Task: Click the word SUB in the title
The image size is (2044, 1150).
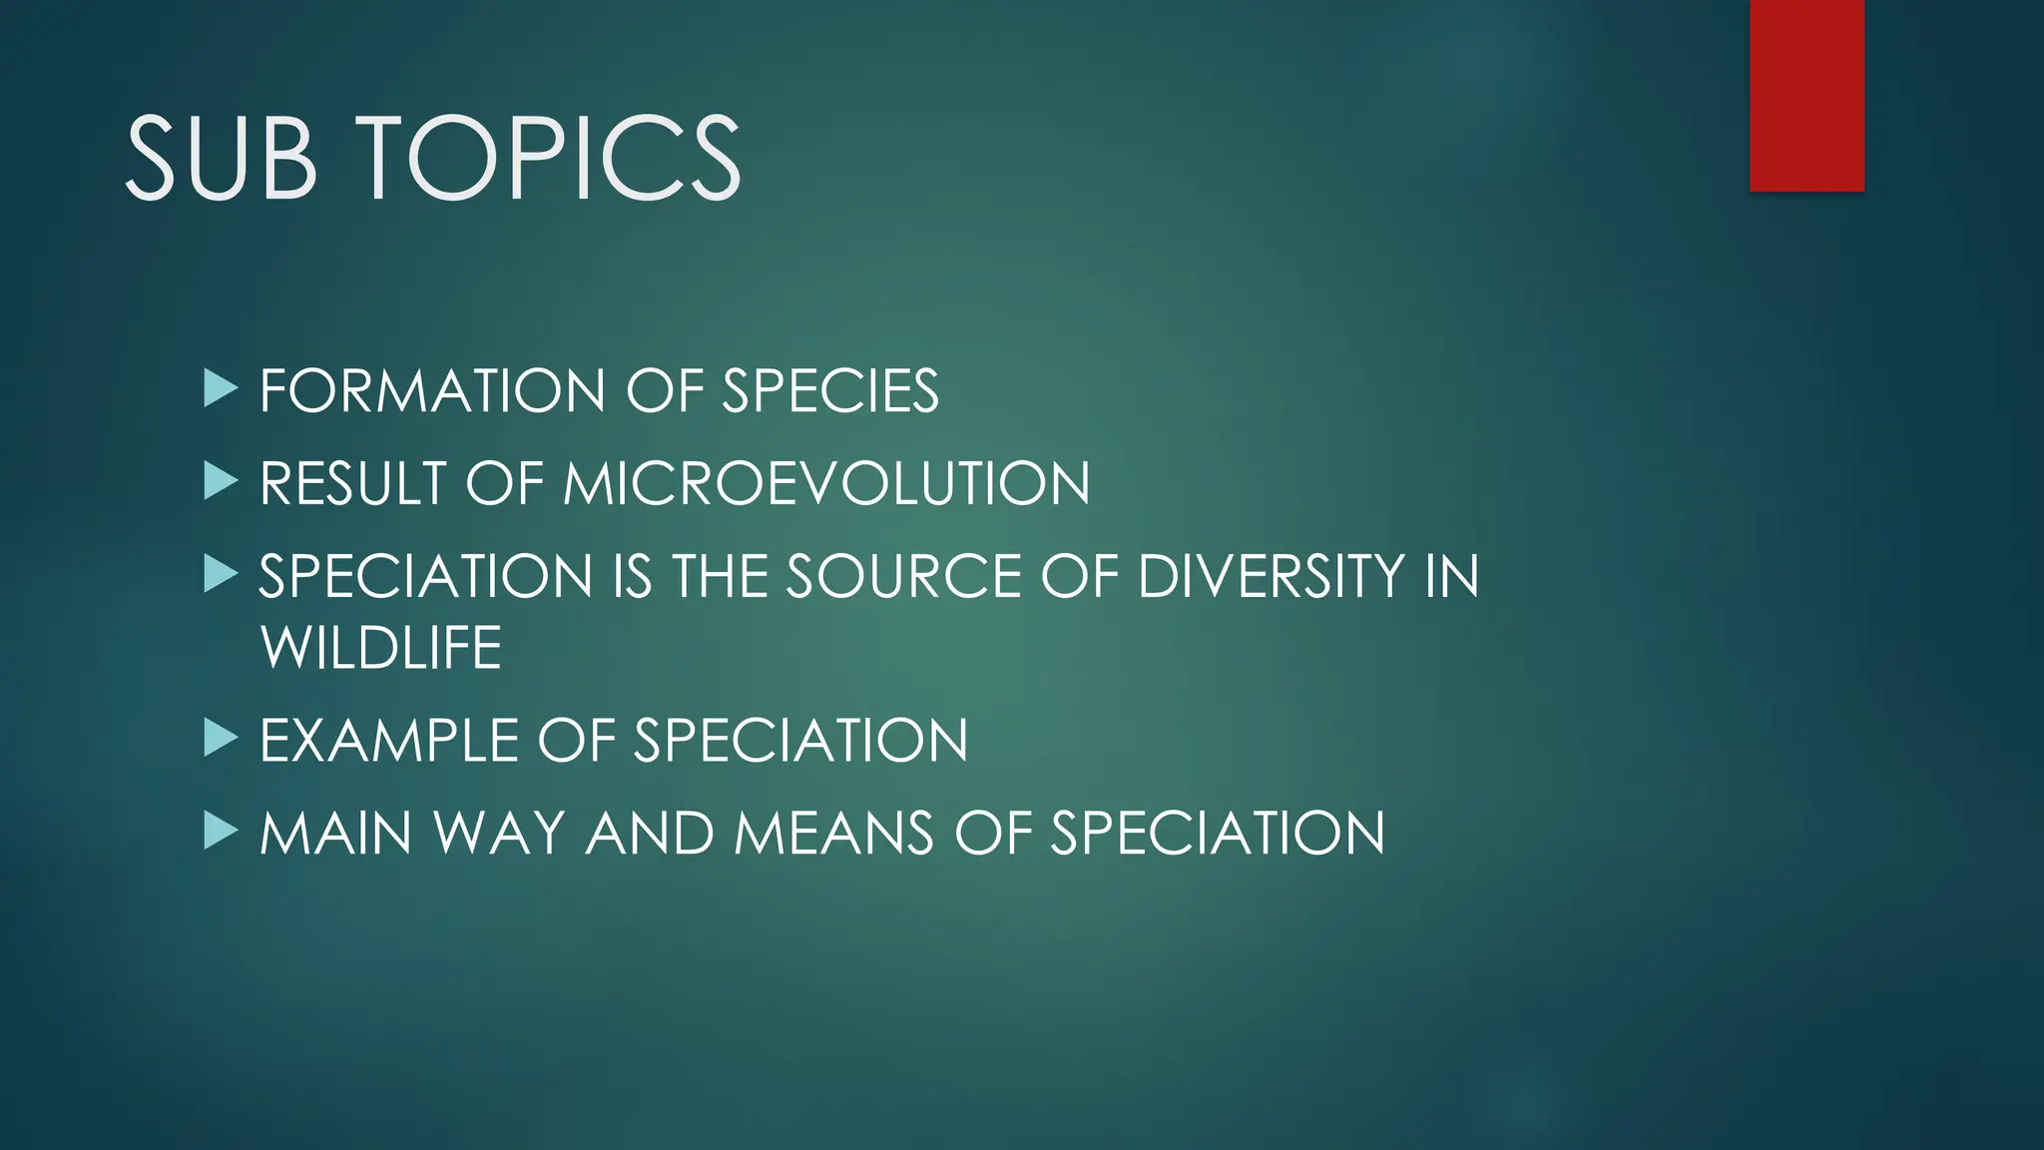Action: pyautogui.click(x=221, y=158)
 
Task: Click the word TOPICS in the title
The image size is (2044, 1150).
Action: pyautogui.click(x=549, y=158)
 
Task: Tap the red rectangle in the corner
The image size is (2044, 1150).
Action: pyautogui.click(x=1806, y=95)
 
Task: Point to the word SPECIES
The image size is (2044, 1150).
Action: pyautogui.click(x=829, y=390)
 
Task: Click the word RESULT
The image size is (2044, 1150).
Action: pyautogui.click(x=352, y=484)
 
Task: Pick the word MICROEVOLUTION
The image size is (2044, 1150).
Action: pyautogui.click(x=826, y=484)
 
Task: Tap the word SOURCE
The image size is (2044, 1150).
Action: pyautogui.click(x=904, y=577)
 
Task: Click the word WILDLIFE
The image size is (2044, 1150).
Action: pyautogui.click(x=380, y=648)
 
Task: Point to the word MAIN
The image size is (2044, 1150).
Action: pyautogui.click(x=335, y=834)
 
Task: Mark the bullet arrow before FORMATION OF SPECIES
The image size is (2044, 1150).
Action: pyautogui.click(x=220, y=388)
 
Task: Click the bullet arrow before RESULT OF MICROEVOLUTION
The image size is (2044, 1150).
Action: pyautogui.click(x=220, y=481)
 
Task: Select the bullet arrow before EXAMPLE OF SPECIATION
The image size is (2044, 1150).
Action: pyautogui.click(x=220, y=739)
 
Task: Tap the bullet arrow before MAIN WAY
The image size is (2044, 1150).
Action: pyautogui.click(x=220, y=831)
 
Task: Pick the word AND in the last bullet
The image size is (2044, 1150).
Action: pyautogui.click(x=650, y=834)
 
